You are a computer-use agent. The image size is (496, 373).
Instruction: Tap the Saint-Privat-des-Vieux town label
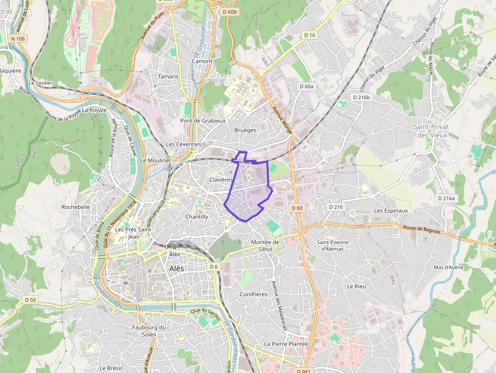432,130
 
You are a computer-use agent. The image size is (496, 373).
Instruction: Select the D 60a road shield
307,87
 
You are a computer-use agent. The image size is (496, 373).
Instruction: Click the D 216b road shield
361,97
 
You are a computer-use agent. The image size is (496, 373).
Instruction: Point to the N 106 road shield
18,38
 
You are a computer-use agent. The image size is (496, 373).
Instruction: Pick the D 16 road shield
310,35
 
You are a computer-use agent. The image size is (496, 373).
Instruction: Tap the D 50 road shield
30,300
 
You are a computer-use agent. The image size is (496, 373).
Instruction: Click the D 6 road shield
214,267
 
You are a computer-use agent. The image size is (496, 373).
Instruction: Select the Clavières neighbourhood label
221,180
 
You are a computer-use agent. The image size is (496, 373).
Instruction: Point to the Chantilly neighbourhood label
197,217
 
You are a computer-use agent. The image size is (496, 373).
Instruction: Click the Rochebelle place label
75,207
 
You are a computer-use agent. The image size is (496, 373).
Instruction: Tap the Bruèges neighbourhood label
245,130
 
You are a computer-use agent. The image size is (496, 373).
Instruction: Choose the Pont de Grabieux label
203,121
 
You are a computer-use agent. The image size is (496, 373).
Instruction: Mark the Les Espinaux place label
391,210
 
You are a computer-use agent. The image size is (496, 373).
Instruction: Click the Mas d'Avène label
449,267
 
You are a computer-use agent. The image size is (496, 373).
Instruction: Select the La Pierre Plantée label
286,344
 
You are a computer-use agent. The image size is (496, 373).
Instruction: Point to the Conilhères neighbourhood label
253,294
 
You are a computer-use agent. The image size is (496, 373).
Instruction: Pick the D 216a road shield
446,198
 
